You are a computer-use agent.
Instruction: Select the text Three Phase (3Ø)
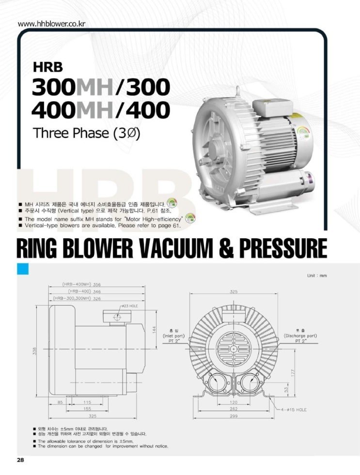coord(87,133)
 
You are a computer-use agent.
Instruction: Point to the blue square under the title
coord(23,268)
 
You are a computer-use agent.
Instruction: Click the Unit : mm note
coord(317,275)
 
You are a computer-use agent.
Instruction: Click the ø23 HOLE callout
coord(130,306)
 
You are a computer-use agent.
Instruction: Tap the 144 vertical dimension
coord(155,330)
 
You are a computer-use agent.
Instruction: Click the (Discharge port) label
coord(300,335)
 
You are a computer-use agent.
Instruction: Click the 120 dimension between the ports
coord(234,402)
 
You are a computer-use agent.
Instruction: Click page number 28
coord(20,460)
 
